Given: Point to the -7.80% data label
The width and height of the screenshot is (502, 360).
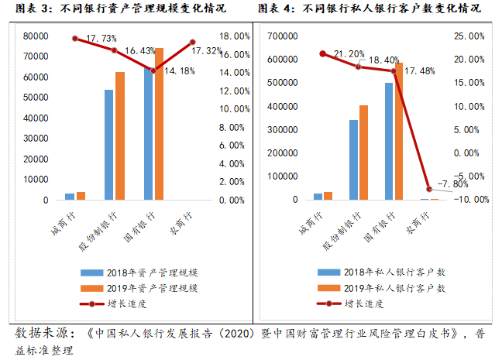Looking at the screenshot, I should (452, 183).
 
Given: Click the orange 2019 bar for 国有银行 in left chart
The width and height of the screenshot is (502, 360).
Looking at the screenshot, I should (160, 124).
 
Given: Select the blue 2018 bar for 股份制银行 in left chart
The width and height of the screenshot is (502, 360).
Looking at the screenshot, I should (109, 145).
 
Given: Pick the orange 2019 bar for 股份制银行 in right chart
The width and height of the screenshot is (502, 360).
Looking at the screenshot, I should (363, 153).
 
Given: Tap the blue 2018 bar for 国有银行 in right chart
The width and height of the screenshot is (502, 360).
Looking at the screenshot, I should (389, 141).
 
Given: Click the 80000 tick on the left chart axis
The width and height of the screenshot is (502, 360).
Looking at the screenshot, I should (36, 36).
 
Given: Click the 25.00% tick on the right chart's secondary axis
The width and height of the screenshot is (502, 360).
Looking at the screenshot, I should (470, 36).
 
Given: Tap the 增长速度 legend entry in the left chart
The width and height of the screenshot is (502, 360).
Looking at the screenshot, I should (132, 303).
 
